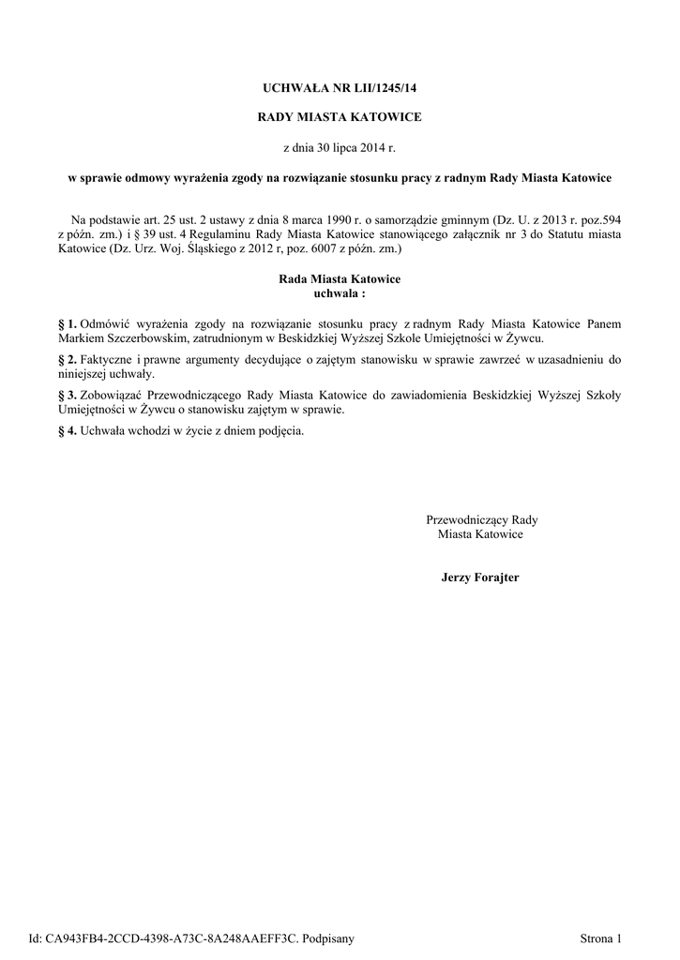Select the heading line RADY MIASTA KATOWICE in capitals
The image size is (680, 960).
point(340,117)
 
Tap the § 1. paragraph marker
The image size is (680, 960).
point(68,323)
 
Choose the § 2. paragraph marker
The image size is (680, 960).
point(68,359)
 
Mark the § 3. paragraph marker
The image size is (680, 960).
point(68,395)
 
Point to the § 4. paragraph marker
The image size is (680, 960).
point(68,430)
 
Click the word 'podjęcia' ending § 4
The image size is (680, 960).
point(281,430)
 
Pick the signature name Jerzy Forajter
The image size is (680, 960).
point(480,577)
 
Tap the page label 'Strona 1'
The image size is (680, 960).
point(600,938)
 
